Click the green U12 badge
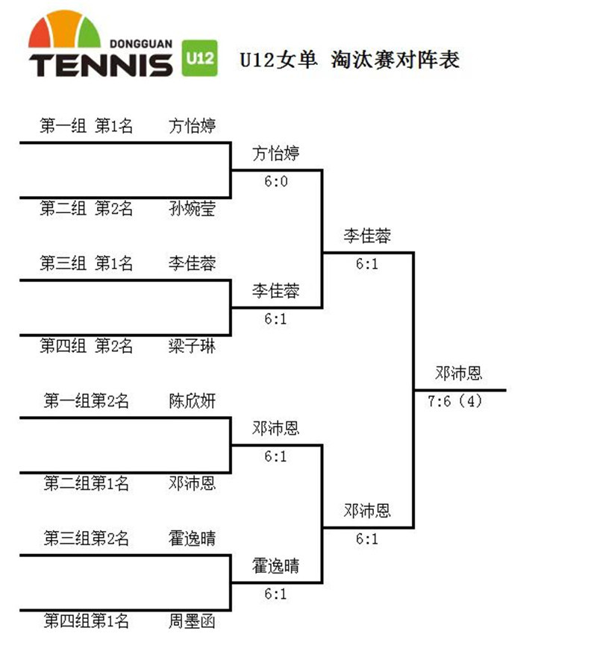(199, 57)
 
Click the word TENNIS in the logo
(101, 64)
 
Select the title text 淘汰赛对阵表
(395, 59)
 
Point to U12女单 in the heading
(280, 59)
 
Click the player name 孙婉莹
(192, 208)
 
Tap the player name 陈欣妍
(192, 400)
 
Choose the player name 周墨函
(192, 620)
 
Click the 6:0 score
(275, 181)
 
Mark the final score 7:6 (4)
(455, 401)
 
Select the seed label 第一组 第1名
(86, 126)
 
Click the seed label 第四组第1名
(86, 620)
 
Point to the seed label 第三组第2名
(86, 538)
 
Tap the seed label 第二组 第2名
(86, 208)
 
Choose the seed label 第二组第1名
(86, 483)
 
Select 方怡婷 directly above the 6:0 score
(276, 154)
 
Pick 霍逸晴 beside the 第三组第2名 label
(192, 538)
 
